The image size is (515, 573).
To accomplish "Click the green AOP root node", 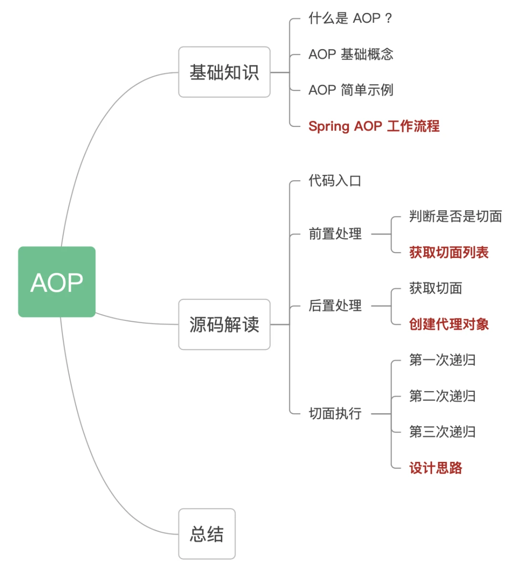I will pyautogui.click(x=57, y=282).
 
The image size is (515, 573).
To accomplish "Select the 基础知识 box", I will pyautogui.click(x=224, y=72).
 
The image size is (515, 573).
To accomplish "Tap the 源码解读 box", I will pyautogui.click(x=224, y=325).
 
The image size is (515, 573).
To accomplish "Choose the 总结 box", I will pyautogui.click(x=206, y=534).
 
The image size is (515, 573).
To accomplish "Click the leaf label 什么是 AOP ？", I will pyautogui.click(x=350, y=19).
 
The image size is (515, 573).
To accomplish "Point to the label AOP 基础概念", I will pyautogui.click(x=351, y=54).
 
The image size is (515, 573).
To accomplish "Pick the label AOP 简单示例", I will pyautogui.click(x=351, y=90).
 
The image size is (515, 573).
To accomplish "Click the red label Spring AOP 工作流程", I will pyautogui.click(x=374, y=126).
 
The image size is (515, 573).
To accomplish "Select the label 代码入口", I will pyautogui.click(x=335, y=181).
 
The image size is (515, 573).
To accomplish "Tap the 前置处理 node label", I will pyautogui.click(x=335, y=234).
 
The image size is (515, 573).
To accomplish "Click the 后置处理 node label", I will pyautogui.click(x=335, y=306).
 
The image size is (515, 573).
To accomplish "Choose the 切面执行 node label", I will pyautogui.click(x=335, y=414).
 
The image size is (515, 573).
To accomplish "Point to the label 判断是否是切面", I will pyautogui.click(x=455, y=216).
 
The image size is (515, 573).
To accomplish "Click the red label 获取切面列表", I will pyautogui.click(x=449, y=253).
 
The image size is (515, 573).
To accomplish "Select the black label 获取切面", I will pyautogui.click(x=435, y=288).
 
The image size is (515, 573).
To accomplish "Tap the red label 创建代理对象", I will pyautogui.click(x=449, y=325).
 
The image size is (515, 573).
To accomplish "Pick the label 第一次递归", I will pyautogui.click(x=442, y=360).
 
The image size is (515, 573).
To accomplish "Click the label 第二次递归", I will pyautogui.click(x=442, y=396).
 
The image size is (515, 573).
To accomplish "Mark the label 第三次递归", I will pyautogui.click(x=442, y=432).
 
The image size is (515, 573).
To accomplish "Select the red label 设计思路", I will pyautogui.click(x=435, y=468).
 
